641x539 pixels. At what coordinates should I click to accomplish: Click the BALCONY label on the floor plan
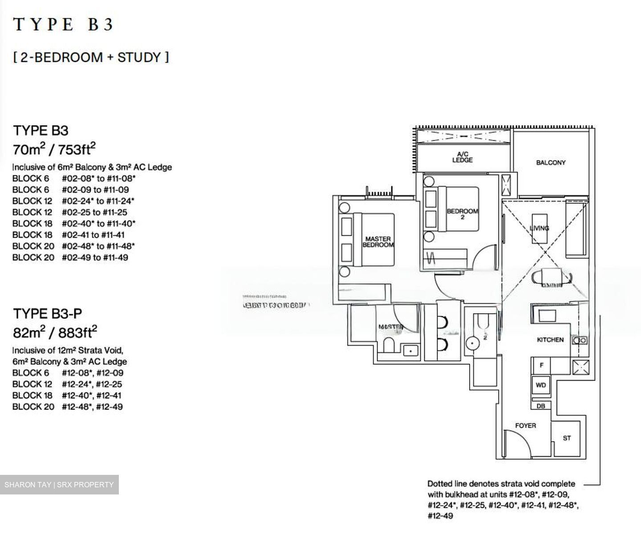coord(551,163)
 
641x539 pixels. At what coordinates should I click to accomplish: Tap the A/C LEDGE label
coord(462,157)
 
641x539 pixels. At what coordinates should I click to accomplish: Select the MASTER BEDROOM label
coord(378,242)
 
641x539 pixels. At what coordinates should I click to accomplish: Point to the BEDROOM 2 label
coord(462,214)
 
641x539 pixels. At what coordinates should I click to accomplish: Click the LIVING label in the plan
coord(539,228)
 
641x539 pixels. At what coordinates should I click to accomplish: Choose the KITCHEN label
coord(550,340)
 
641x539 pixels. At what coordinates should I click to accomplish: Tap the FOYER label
coord(525,426)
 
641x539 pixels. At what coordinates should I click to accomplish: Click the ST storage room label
coord(567,438)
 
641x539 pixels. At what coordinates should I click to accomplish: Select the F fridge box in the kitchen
coord(541,365)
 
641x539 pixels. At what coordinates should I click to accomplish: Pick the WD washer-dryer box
coord(541,385)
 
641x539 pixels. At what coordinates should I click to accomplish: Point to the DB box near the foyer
coord(541,406)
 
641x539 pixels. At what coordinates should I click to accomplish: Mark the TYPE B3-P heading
coord(48,314)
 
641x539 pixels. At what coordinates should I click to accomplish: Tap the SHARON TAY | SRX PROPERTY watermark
coord(59,485)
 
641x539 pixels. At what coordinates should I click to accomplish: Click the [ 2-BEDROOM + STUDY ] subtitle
coord(91,57)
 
